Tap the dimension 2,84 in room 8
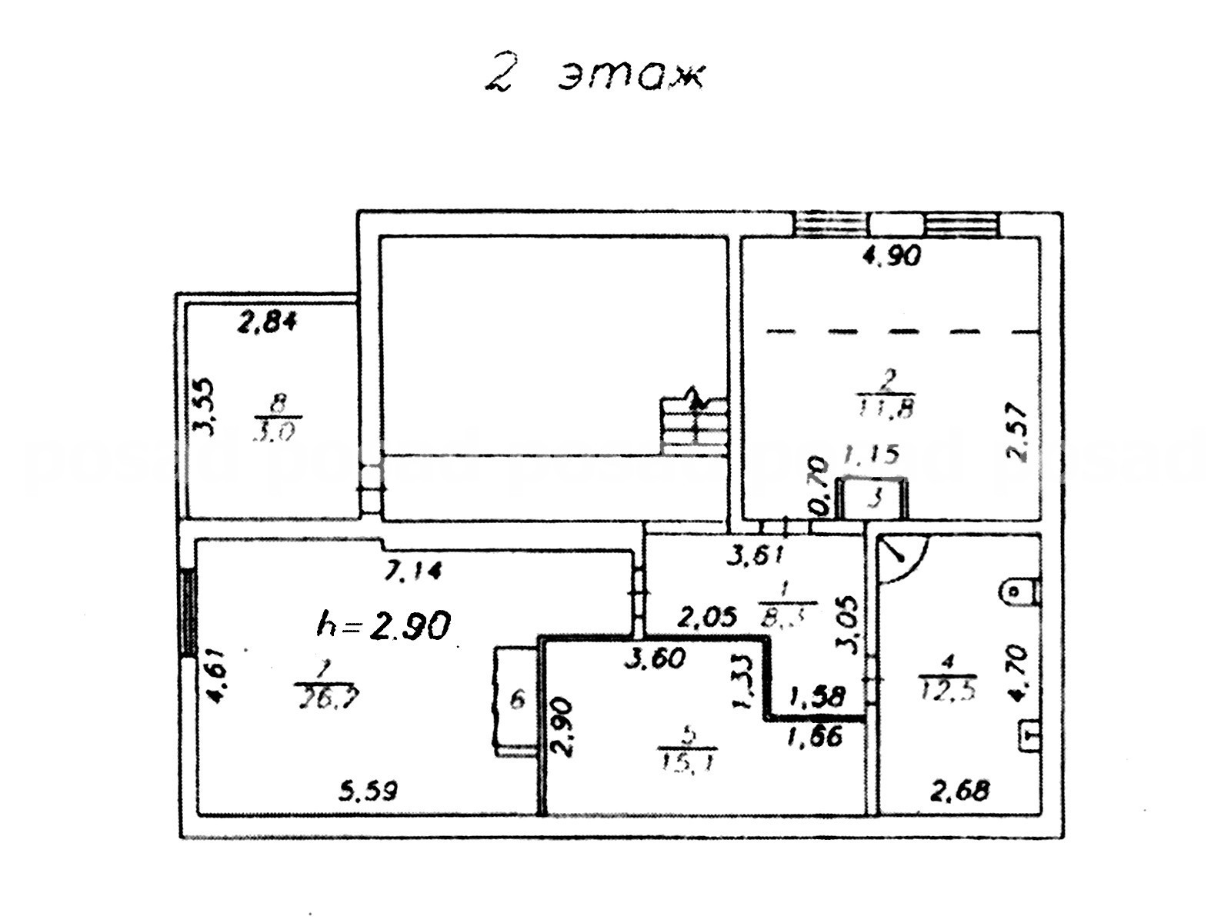[266, 324]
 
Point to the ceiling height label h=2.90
[383, 625]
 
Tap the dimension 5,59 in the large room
[370, 791]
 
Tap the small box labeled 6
[516, 700]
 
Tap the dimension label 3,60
[654, 658]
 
